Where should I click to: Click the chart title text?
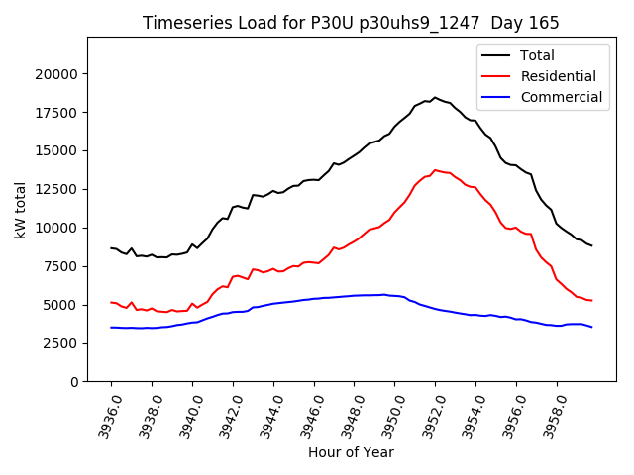click(351, 23)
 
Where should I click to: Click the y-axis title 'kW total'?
click(21, 210)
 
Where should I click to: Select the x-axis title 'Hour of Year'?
click(351, 452)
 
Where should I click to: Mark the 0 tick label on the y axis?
click(74, 382)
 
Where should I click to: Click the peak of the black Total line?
click(435, 98)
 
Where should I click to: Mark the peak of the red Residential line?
click(435, 170)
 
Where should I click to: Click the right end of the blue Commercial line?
click(591, 327)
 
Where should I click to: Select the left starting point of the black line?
click(111, 248)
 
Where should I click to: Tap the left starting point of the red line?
click(111, 302)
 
